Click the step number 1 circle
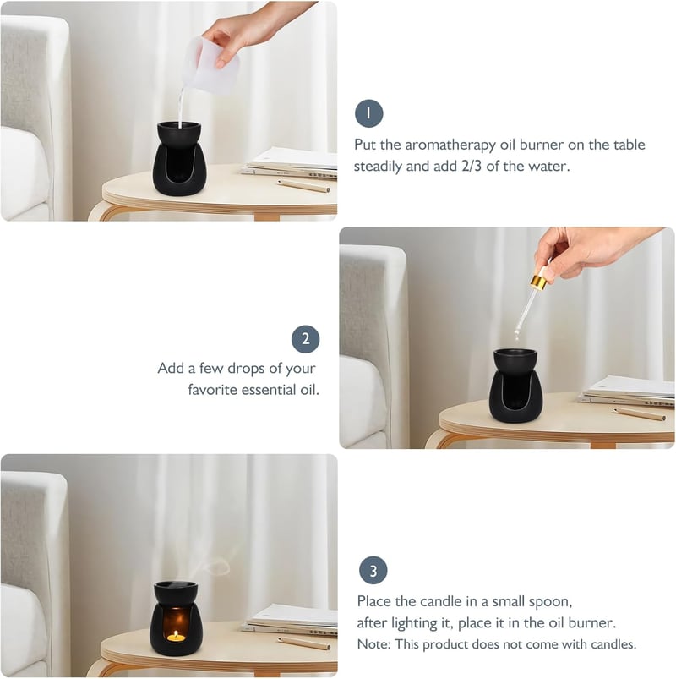point(368,113)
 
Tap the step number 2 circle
point(306,339)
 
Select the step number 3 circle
point(373,570)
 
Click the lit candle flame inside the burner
point(176,636)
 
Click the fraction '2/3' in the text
point(472,166)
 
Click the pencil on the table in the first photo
point(304,185)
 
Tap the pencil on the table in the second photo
point(640,414)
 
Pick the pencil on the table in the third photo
point(304,643)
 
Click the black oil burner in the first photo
point(179,158)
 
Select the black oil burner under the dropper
point(515,386)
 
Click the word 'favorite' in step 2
point(212,390)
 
